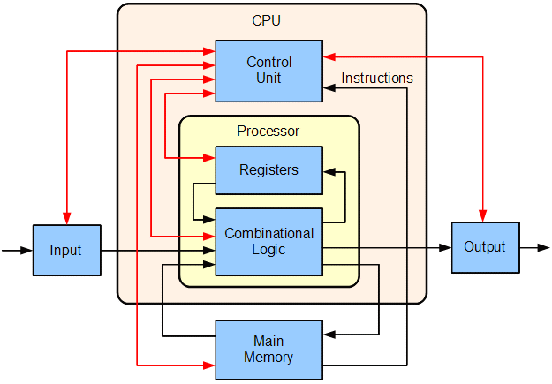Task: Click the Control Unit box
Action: point(268,70)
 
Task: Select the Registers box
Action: point(268,169)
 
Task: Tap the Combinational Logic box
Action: point(268,241)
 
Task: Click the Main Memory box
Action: point(268,350)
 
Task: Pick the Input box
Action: point(66,251)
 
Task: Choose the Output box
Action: point(485,246)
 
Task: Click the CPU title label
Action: point(266,20)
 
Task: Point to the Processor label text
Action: point(268,132)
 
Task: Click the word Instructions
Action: point(377,79)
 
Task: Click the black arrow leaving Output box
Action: point(541,247)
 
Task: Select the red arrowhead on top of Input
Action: point(66,219)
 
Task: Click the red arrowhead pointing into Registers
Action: point(209,159)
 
